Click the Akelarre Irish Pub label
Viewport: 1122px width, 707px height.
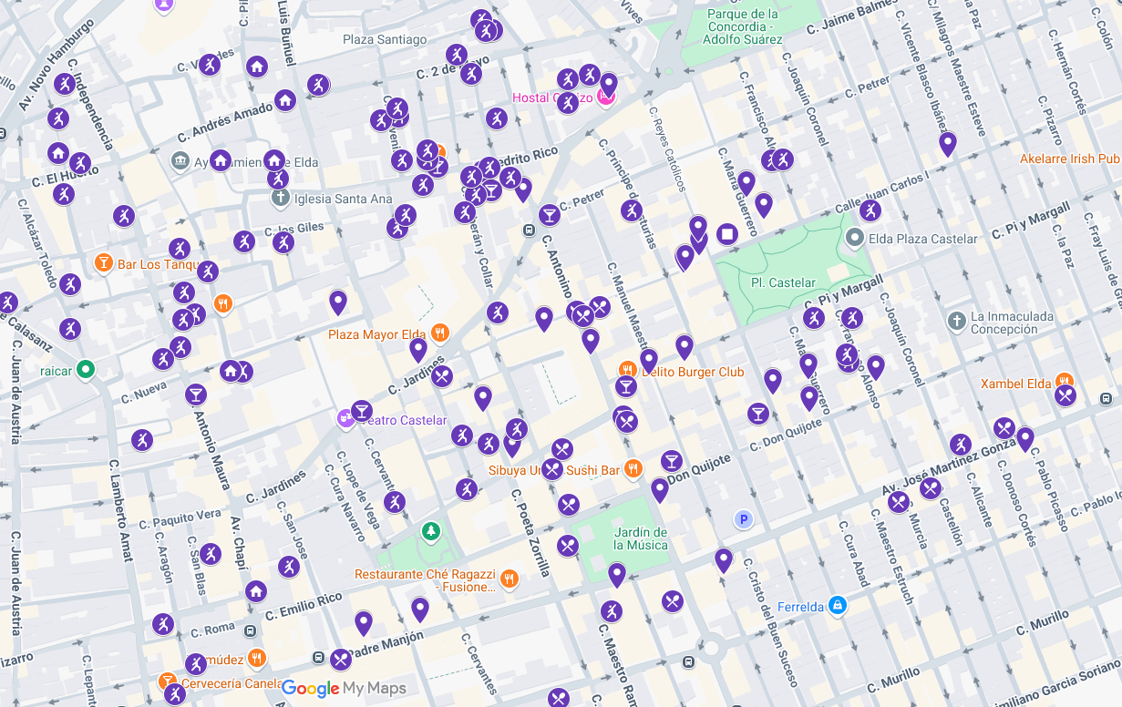(x=1069, y=159)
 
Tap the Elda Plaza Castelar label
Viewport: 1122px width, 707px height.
(x=922, y=239)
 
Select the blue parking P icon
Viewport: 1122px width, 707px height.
(x=744, y=519)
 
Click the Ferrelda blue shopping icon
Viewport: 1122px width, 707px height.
(x=838, y=605)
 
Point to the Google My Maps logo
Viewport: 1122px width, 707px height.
(x=344, y=689)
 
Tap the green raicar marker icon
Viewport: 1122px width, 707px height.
(x=86, y=370)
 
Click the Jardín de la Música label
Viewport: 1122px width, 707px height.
(x=640, y=538)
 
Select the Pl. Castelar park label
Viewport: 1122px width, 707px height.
(x=783, y=282)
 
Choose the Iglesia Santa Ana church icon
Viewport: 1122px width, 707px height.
(x=280, y=199)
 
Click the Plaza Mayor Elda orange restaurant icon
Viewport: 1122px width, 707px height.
(x=439, y=333)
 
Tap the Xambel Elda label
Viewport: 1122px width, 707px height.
(x=1015, y=384)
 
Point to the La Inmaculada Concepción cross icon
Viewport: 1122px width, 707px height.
(x=956, y=321)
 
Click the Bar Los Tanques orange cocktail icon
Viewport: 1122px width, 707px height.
(x=104, y=263)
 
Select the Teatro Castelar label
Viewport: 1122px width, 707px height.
(x=404, y=420)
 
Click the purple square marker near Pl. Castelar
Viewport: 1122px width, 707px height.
(x=726, y=234)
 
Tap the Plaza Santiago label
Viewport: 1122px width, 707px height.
(x=385, y=39)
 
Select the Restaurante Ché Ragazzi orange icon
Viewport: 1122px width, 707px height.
(x=509, y=578)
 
